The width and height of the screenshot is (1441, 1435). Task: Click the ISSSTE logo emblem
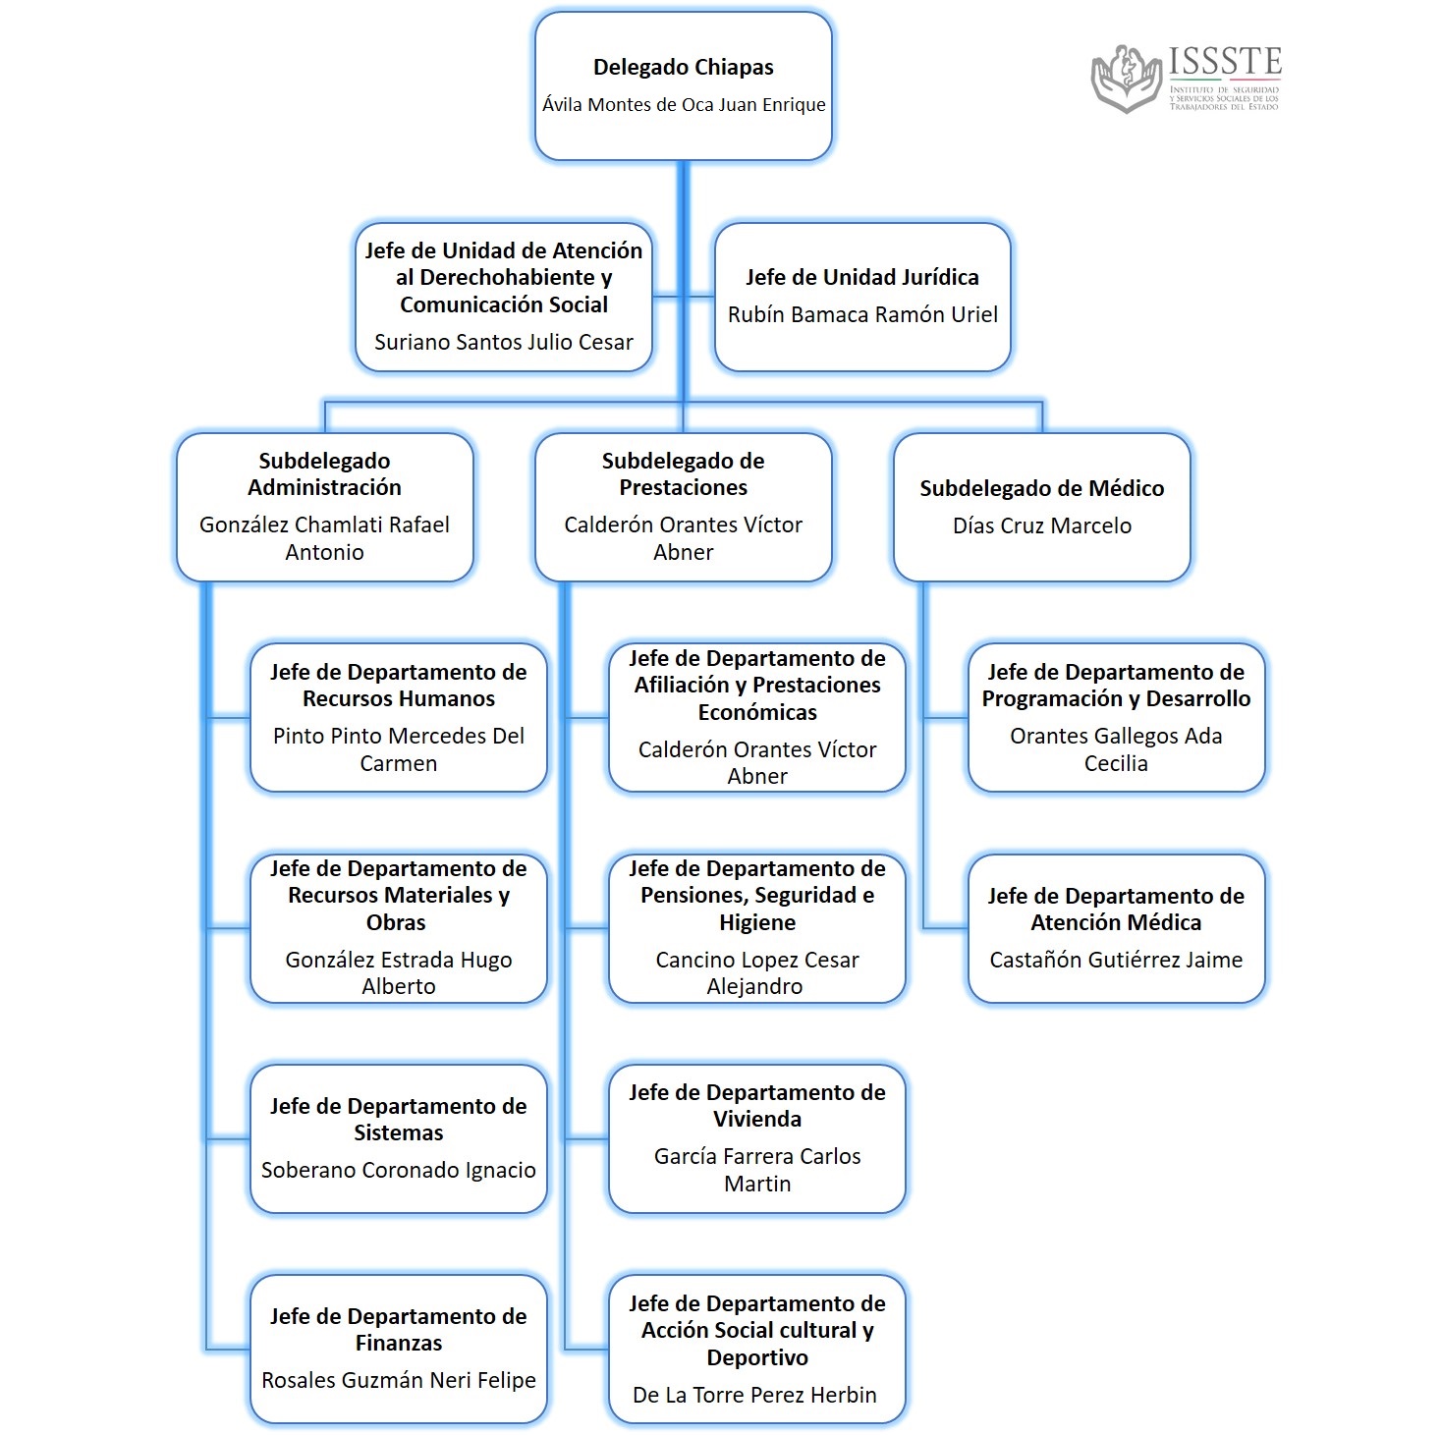click(x=1128, y=79)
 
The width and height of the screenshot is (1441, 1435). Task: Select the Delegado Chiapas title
click(x=683, y=68)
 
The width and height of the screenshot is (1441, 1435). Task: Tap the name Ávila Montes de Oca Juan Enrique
click(x=684, y=105)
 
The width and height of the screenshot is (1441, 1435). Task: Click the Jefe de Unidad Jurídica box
click(x=862, y=297)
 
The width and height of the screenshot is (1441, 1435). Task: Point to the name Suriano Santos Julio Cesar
click(x=503, y=343)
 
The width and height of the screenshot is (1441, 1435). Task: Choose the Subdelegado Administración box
click(x=324, y=507)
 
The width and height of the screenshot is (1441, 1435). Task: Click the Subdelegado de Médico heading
click(x=1041, y=488)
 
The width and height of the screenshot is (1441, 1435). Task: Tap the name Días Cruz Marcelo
click(x=1041, y=526)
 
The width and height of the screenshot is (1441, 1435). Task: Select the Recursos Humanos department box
click(x=398, y=717)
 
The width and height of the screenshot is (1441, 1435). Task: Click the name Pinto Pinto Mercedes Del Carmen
click(x=398, y=749)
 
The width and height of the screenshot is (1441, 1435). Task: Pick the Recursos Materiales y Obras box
click(x=398, y=927)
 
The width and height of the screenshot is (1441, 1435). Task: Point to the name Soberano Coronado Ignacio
click(x=398, y=1171)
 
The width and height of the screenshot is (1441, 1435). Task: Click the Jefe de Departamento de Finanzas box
click(x=398, y=1348)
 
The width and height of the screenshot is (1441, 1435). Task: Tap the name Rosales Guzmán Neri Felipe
click(x=398, y=1381)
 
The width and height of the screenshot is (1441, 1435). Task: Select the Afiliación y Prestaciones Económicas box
click(x=756, y=717)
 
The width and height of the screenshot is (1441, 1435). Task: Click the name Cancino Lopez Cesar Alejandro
click(x=756, y=973)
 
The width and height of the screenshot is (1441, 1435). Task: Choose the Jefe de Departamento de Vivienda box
click(x=756, y=1137)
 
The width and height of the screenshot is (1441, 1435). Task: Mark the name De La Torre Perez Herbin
click(x=754, y=1396)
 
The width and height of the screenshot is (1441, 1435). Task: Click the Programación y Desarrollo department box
click(x=1116, y=717)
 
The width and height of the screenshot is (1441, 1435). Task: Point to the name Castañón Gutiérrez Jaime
click(x=1116, y=961)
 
